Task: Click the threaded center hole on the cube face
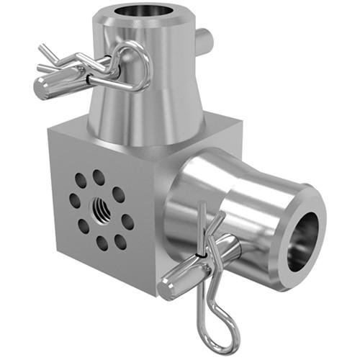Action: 99,210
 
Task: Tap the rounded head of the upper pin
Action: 44,87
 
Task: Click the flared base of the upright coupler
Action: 144,133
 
